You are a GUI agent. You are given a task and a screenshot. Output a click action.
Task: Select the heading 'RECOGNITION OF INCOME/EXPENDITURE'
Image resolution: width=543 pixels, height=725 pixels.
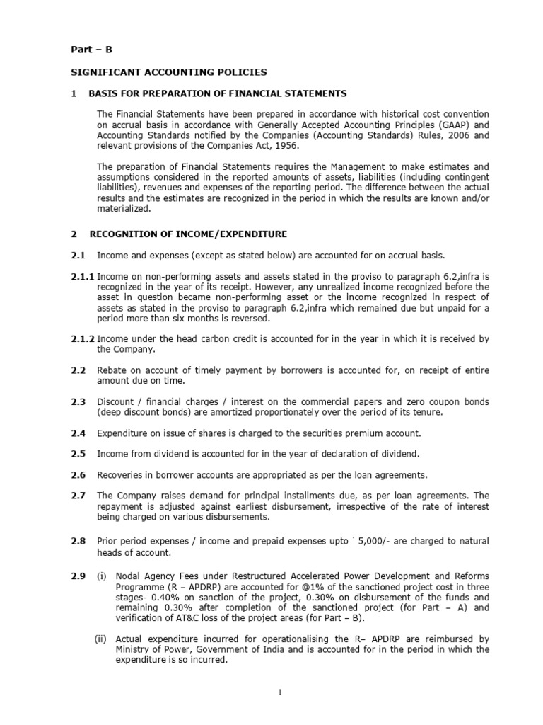(x=187, y=233)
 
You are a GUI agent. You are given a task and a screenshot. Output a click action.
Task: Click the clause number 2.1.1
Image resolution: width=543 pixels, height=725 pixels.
(x=82, y=276)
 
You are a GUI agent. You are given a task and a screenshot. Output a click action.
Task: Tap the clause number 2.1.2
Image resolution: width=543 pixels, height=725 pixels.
(x=82, y=339)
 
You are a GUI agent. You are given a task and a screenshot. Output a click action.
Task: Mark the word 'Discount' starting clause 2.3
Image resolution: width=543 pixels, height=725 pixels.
(x=117, y=402)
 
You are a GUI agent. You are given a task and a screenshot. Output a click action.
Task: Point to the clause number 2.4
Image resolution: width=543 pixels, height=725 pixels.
(x=78, y=433)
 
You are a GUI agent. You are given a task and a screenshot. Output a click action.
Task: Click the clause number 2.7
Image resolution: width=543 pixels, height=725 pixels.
(x=78, y=495)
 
